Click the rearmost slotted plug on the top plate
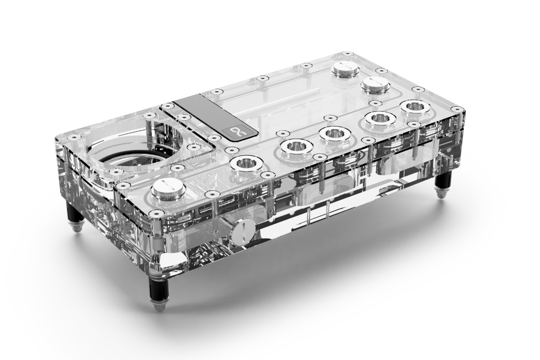(x=344, y=69)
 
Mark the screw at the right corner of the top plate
(x=458, y=109)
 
